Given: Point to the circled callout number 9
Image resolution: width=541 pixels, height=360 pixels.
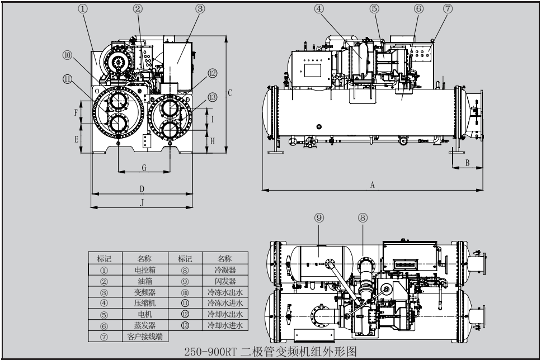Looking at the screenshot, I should coord(319,217).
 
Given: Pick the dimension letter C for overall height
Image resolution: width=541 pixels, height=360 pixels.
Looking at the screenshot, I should coord(229,92).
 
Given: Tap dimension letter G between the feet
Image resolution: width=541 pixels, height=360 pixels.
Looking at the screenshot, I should coord(144,167).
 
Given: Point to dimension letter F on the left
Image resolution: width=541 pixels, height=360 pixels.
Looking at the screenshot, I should coord(76,112).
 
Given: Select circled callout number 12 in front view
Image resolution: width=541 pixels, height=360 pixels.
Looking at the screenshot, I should coord(212,73).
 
